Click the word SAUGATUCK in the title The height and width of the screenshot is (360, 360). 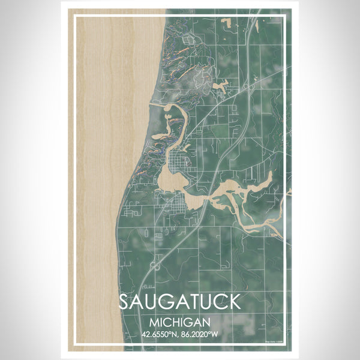[x=179, y=302]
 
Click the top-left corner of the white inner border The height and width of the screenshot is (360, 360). [x=74, y=16]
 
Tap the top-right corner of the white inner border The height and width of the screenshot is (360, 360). [x=286, y=16]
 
